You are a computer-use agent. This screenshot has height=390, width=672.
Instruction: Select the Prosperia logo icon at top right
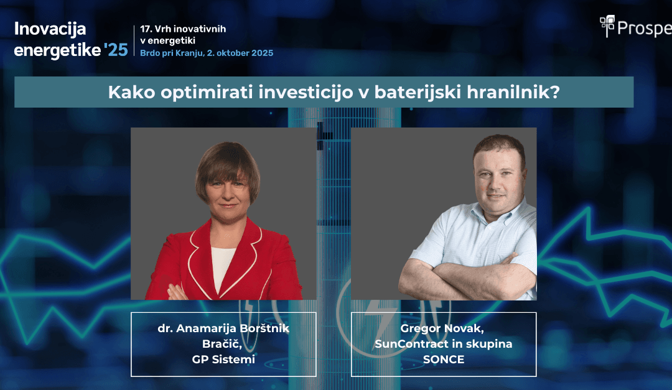pyautogui.click(x=607, y=26)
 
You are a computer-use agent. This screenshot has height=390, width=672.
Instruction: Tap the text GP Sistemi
pyautogui.click(x=223, y=359)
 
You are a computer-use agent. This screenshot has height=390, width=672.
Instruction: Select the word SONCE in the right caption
pyautogui.click(x=443, y=359)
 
